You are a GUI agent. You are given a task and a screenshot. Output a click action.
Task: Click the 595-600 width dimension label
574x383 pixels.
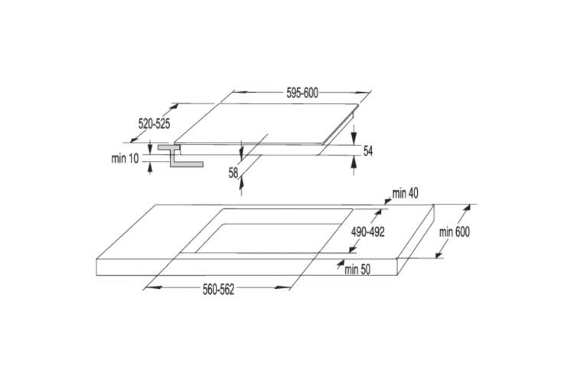(x=302, y=93)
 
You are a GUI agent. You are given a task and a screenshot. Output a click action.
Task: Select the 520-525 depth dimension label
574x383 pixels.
(x=154, y=124)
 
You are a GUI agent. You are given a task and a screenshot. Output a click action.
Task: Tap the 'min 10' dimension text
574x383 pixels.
(x=126, y=159)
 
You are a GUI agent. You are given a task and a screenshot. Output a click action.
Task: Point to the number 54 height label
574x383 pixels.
(x=368, y=151)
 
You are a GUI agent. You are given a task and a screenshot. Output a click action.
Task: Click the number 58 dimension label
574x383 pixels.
(x=233, y=172)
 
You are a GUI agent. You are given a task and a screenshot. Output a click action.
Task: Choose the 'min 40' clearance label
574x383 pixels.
(x=405, y=194)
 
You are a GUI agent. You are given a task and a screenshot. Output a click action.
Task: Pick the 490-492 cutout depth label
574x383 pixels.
(x=368, y=231)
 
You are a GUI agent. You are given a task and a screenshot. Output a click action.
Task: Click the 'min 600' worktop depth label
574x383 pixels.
(x=455, y=232)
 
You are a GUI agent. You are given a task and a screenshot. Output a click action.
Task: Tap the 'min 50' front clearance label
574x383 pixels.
(x=357, y=270)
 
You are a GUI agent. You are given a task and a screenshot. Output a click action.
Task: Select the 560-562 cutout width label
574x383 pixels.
(x=219, y=290)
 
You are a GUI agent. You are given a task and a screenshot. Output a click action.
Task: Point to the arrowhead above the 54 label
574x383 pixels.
(x=354, y=138)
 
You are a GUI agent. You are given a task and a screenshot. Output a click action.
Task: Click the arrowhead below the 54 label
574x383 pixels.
(x=354, y=162)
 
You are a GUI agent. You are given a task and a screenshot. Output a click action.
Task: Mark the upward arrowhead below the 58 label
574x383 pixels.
(x=241, y=183)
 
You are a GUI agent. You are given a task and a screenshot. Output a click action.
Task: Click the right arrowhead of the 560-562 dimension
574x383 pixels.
(x=282, y=288)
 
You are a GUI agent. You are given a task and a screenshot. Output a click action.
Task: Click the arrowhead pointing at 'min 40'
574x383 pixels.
(x=388, y=200)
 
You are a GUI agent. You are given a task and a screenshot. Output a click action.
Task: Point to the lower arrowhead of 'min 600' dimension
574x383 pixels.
(x=439, y=254)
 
